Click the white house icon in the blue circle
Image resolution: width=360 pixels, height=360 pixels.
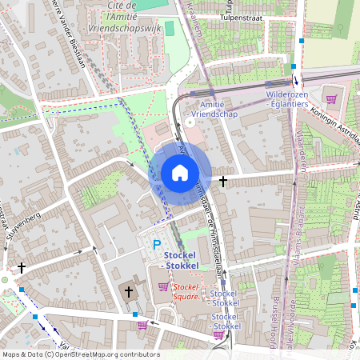tap(180, 173)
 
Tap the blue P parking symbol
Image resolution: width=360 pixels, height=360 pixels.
tap(158, 246)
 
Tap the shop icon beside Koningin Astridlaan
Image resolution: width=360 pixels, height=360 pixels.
tap(331, 99)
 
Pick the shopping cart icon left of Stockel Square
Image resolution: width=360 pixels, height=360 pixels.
tap(163, 286)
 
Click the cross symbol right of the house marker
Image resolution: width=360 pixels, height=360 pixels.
tap(222, 182)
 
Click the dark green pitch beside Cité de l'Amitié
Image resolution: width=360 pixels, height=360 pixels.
tap(169, 28)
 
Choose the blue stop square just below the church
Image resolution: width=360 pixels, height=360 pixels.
tap(135, 314)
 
